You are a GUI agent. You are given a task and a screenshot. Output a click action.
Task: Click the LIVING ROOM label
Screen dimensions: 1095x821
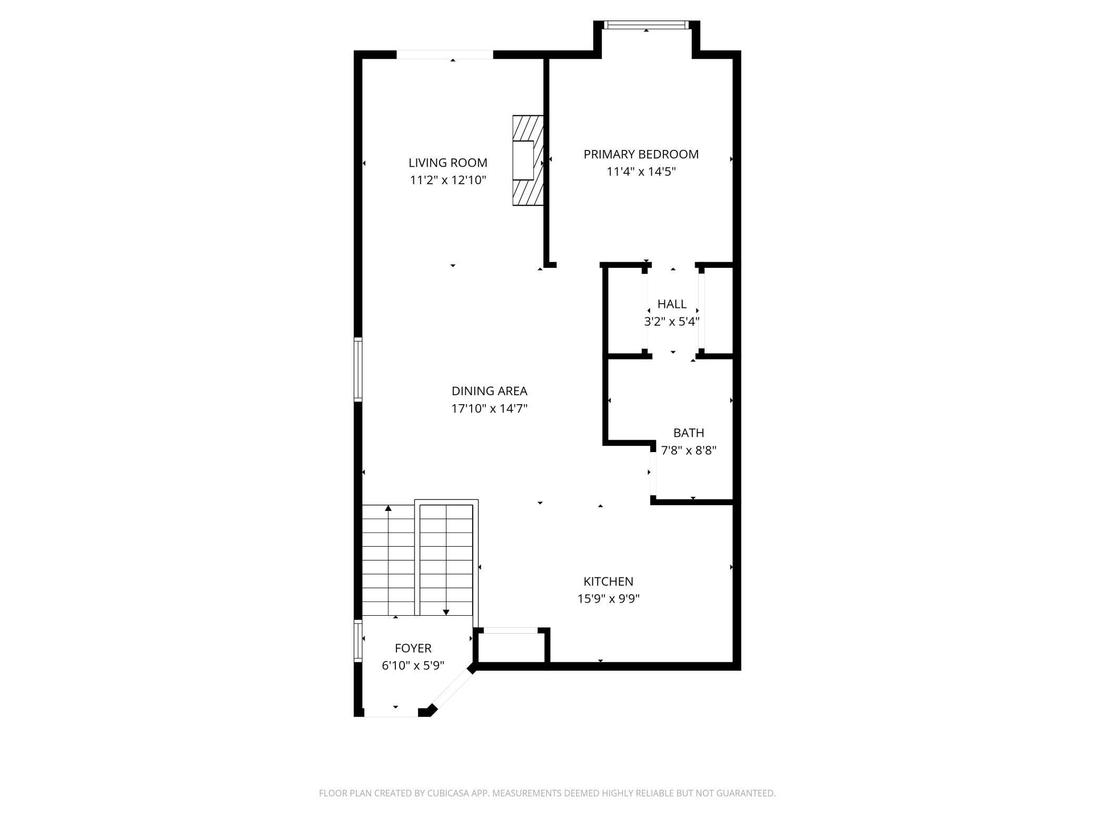pos(448,163)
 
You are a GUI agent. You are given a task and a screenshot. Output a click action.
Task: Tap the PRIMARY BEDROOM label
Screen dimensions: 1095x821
pos(641,154)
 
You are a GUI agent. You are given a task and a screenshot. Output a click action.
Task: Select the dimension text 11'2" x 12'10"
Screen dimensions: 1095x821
pos(448,180)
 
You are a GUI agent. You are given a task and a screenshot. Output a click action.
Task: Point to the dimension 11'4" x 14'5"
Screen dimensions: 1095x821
pos(641,172)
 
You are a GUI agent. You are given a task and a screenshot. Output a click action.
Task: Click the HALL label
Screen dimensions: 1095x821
pos(672,304)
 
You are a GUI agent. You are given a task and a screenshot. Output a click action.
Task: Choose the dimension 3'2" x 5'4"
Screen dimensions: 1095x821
pos(672,321)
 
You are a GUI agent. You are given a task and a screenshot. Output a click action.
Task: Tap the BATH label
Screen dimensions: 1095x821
pos(689,433)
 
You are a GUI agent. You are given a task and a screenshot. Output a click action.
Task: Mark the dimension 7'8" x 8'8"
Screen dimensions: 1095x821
pos(689,450)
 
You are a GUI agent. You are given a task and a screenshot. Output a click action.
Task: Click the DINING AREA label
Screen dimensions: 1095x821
pos(490,391)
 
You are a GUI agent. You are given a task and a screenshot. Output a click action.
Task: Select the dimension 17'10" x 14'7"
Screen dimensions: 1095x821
pos(490,408)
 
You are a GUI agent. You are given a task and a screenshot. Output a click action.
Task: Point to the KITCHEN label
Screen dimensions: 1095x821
pos(609,582)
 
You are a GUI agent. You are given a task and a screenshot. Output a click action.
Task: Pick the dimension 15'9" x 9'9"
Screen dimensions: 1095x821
pos(609,599)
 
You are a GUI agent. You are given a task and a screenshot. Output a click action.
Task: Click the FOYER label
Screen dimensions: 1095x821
pos(413,648)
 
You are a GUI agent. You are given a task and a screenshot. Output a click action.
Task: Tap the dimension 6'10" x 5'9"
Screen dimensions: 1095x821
pos(413,666)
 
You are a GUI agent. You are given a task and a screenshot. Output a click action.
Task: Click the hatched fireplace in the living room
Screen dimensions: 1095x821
pos(528,161)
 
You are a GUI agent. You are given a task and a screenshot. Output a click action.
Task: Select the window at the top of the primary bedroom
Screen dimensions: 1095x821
pos(646,25)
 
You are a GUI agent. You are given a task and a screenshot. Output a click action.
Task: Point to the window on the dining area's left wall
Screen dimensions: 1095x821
pos(358,369)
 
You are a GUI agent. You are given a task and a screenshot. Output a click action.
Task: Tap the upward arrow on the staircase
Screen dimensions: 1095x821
pos(389,560)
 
